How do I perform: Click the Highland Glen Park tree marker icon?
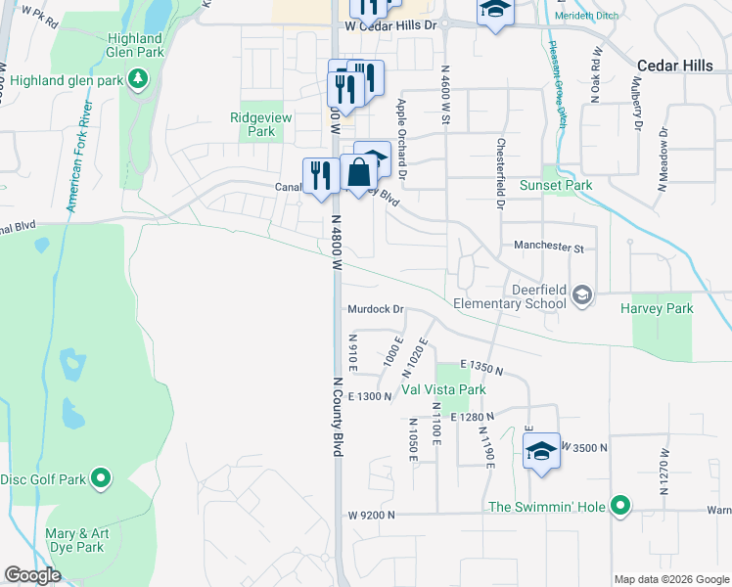[x=139, y=77]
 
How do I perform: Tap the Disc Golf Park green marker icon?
[x=100, y=478]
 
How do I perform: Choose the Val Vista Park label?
[x=443, y=389]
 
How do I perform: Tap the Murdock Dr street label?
[x=376, y=309]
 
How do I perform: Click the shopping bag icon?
[x=359, y=174]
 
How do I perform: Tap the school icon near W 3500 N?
[x=540, y=451]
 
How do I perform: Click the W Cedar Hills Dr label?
[x=389, y=26]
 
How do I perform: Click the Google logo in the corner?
[x=32, y=575]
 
